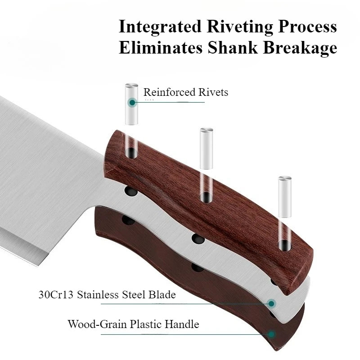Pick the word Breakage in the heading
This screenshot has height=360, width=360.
(299, 47)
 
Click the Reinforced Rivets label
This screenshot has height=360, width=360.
(185, 92)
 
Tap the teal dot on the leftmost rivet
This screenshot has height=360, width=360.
(132, 102)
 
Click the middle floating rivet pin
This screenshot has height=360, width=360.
(207, 148)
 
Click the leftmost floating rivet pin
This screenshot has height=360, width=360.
(131, 103)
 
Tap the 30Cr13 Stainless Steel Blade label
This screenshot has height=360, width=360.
(107, 295)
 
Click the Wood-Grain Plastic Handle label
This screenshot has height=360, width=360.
(133, 324)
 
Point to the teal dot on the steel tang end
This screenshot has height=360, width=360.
(271, 303)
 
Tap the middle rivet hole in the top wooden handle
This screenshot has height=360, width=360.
(205, 196)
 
